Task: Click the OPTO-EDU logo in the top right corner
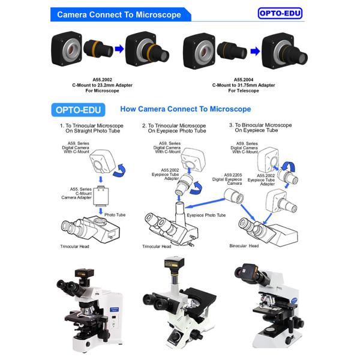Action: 280,13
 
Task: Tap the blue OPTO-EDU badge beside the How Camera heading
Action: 78,110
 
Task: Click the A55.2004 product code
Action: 244,80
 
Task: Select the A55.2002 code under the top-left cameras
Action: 102,80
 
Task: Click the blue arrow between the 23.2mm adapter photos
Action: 119,49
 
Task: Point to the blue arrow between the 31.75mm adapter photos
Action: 255,51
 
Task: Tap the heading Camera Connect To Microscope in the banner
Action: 119,14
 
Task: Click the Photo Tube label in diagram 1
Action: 115,215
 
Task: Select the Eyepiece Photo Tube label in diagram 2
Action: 206,215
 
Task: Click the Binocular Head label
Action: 244,246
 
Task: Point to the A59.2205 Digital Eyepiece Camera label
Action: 227,179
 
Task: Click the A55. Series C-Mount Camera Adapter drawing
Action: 101,196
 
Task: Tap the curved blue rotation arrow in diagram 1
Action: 119,170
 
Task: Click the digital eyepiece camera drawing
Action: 234,196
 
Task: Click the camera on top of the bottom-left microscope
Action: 84,274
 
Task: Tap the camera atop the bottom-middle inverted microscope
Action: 174,263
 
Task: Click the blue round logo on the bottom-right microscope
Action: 294,301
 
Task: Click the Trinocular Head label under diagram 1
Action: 74,247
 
